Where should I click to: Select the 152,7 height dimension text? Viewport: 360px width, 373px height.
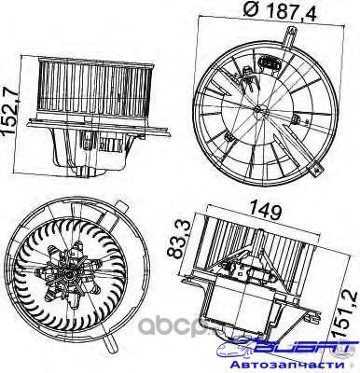coord(11,110)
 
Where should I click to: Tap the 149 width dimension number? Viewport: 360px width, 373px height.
coord(266,212)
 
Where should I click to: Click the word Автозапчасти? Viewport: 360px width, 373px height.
coord(287,365)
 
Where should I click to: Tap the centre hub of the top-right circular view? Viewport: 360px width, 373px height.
coord(258,109)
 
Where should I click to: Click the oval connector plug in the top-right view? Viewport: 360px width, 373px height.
coord(266,64)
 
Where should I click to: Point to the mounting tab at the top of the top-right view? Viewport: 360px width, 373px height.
coord(289,37)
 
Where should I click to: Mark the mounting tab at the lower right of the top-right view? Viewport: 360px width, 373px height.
coord(315,170)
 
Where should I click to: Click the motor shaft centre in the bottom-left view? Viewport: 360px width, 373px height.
coord(68,275)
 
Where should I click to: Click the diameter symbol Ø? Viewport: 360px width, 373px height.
coord(250,10)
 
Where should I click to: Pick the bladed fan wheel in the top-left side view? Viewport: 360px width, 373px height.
coord(94,88)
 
